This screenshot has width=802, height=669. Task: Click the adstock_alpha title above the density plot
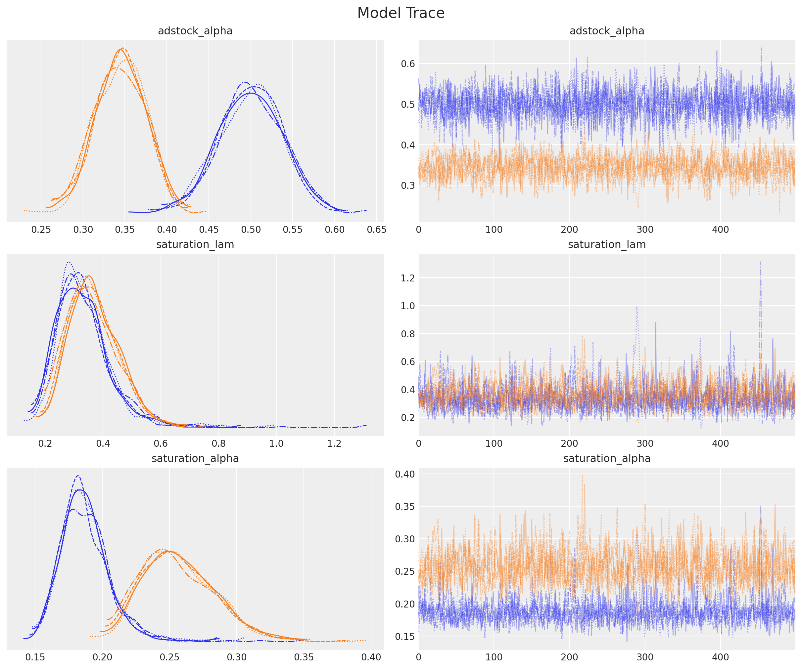(195, 31)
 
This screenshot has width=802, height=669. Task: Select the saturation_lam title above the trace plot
(606, 245)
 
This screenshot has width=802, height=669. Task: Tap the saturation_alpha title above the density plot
(195, 458)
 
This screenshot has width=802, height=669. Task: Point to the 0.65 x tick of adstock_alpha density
(377, 230)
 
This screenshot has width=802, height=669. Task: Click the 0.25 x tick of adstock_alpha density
(41, 230)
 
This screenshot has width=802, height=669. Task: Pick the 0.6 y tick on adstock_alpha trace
(407, 64)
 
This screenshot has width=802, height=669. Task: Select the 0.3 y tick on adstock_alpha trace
(407, 186)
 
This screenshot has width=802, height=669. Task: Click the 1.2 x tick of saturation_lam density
(334, 443)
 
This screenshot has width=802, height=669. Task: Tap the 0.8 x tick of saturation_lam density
(218, 443)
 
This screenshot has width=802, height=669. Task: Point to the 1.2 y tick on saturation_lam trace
(407, 278)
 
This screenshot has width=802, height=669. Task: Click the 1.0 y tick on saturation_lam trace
(407, 306)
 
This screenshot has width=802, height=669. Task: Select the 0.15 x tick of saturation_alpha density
(35, 657)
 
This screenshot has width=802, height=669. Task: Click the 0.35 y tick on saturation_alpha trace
(405, 506)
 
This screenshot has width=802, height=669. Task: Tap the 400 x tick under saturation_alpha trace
(720, 657)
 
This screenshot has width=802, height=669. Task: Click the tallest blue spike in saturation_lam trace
(760, 262)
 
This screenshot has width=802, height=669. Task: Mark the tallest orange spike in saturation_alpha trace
(583, 476)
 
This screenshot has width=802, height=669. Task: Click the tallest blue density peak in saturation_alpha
(78, 476)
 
